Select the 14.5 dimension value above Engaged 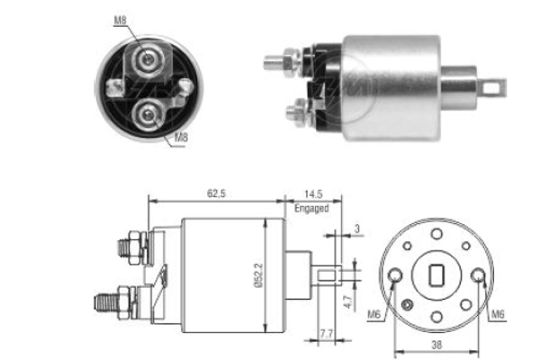311,193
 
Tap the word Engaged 311,208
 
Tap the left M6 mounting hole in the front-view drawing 398,274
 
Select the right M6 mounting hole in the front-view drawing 481,274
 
